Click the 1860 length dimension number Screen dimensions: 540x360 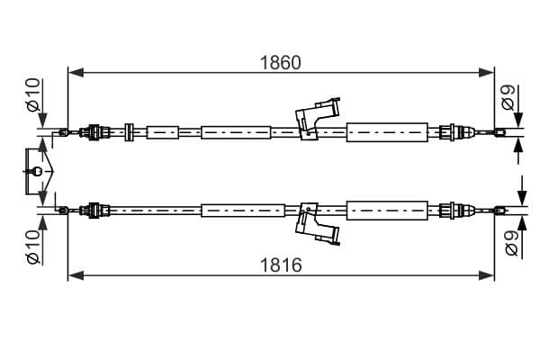280,63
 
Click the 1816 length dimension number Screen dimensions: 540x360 281,265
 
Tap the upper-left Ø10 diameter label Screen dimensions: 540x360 33,95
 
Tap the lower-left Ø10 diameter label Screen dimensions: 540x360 33,247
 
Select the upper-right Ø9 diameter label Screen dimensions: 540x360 508,97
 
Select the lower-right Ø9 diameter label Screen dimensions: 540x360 512,243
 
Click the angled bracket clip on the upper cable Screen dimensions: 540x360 318,119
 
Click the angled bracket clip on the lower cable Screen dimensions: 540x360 318,224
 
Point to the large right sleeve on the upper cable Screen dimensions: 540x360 387,132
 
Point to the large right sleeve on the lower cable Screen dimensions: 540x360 387,210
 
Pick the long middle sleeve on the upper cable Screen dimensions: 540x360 236,132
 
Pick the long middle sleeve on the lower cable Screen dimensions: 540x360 243,210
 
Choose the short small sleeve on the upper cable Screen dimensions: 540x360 163,132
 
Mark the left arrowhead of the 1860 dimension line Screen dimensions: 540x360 76,73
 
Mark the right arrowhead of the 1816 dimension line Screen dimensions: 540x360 486,275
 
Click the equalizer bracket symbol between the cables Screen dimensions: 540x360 39,171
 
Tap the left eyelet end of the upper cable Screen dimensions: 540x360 64,132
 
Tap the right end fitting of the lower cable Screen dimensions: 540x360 500,210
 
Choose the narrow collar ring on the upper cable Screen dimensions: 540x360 129,132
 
